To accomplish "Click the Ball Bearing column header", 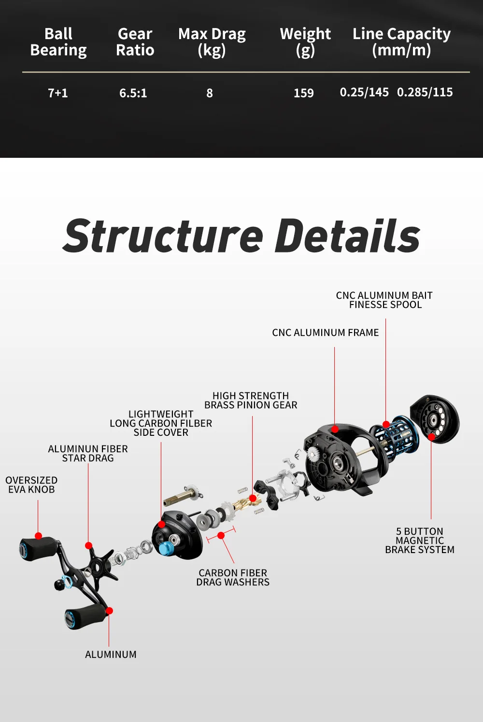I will click(x=58, y=42).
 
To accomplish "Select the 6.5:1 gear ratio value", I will click(x=133, y=93).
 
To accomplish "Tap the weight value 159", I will click(x=304, y=93).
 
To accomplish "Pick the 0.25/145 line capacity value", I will click(x=364, y=92).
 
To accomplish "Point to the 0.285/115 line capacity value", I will click(x=425, y=92).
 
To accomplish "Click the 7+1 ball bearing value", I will click(x=58, y=93).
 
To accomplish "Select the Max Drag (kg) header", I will click(x=212, y=42).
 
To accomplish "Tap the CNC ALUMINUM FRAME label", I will click(x=325, y=333).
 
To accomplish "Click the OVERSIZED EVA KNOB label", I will click(x=31, y=485).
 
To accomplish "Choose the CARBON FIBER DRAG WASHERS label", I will click(x=233, y=577).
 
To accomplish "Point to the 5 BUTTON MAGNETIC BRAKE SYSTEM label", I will click(x=420, y=541).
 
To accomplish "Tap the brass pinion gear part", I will click(x=241, y=504).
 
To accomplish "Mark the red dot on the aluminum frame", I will click(x=335, y=429).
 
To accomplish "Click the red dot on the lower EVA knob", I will click(x=109, y=611).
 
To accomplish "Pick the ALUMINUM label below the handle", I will click(x=111, y=654).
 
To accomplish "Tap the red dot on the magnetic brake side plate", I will click(x=431, y=436).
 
